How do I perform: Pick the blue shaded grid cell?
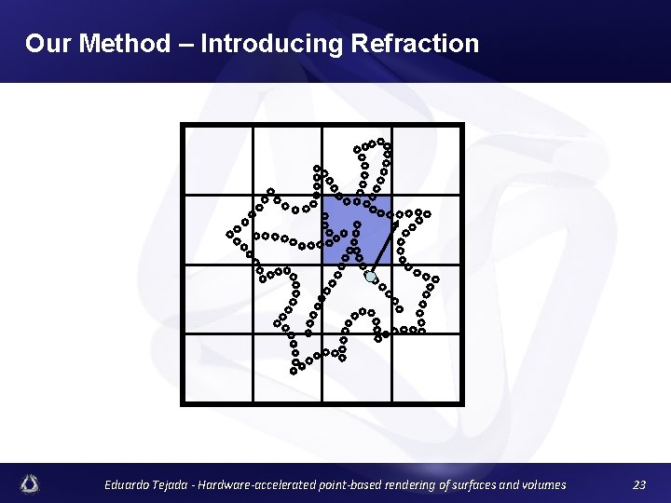(356, 230)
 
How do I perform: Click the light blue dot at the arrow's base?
(370, 277)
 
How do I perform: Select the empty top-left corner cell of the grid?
(218, 160)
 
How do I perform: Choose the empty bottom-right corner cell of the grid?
(426, 368)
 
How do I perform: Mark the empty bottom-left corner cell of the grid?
(218, 368)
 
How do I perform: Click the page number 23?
(638, 484)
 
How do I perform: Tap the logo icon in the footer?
(31, 483)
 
